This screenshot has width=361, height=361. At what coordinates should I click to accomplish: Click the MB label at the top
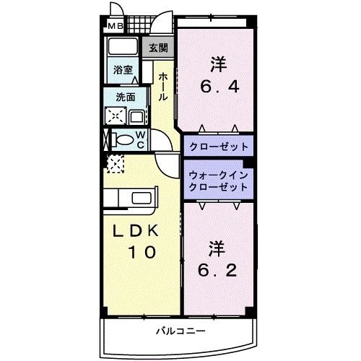(116, 27)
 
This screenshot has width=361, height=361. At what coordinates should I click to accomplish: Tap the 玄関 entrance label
(159, 48)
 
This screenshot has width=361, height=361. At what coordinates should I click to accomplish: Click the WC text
(142, 139)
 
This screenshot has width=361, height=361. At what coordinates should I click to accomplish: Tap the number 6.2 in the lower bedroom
(217, 274)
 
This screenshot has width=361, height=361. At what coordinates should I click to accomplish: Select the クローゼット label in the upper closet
(219, 146)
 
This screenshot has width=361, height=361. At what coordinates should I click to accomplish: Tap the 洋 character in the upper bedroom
(217, 65)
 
